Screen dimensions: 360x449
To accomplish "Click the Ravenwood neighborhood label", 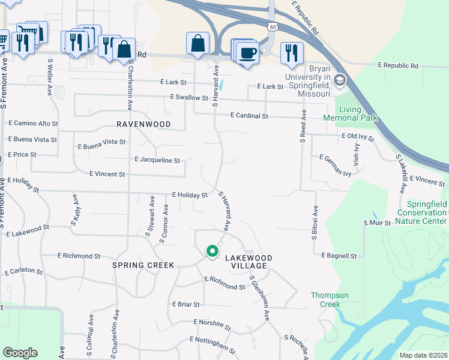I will pos(143,124).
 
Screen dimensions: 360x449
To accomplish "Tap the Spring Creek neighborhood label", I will pos(143,265).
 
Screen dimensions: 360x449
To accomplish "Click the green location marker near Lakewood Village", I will pos(211,251).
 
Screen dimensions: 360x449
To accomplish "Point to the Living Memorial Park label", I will pos(358,113).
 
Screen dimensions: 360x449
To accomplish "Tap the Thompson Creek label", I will pos(330,299).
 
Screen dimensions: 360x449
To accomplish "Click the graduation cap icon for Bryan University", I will pos(339,80).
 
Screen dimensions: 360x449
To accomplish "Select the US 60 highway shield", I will pos(273,27).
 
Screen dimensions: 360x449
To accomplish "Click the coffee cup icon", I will pos(246,53).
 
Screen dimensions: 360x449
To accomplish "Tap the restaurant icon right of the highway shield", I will pos(291,53).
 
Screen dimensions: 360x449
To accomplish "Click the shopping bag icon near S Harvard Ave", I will pos(197,43).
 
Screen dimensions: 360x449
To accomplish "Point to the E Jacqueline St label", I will pos(157,160).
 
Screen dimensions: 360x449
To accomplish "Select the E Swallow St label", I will pos(189,97).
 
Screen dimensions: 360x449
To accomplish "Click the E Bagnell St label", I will pos(339,256).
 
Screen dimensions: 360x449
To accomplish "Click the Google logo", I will pos(20,353).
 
